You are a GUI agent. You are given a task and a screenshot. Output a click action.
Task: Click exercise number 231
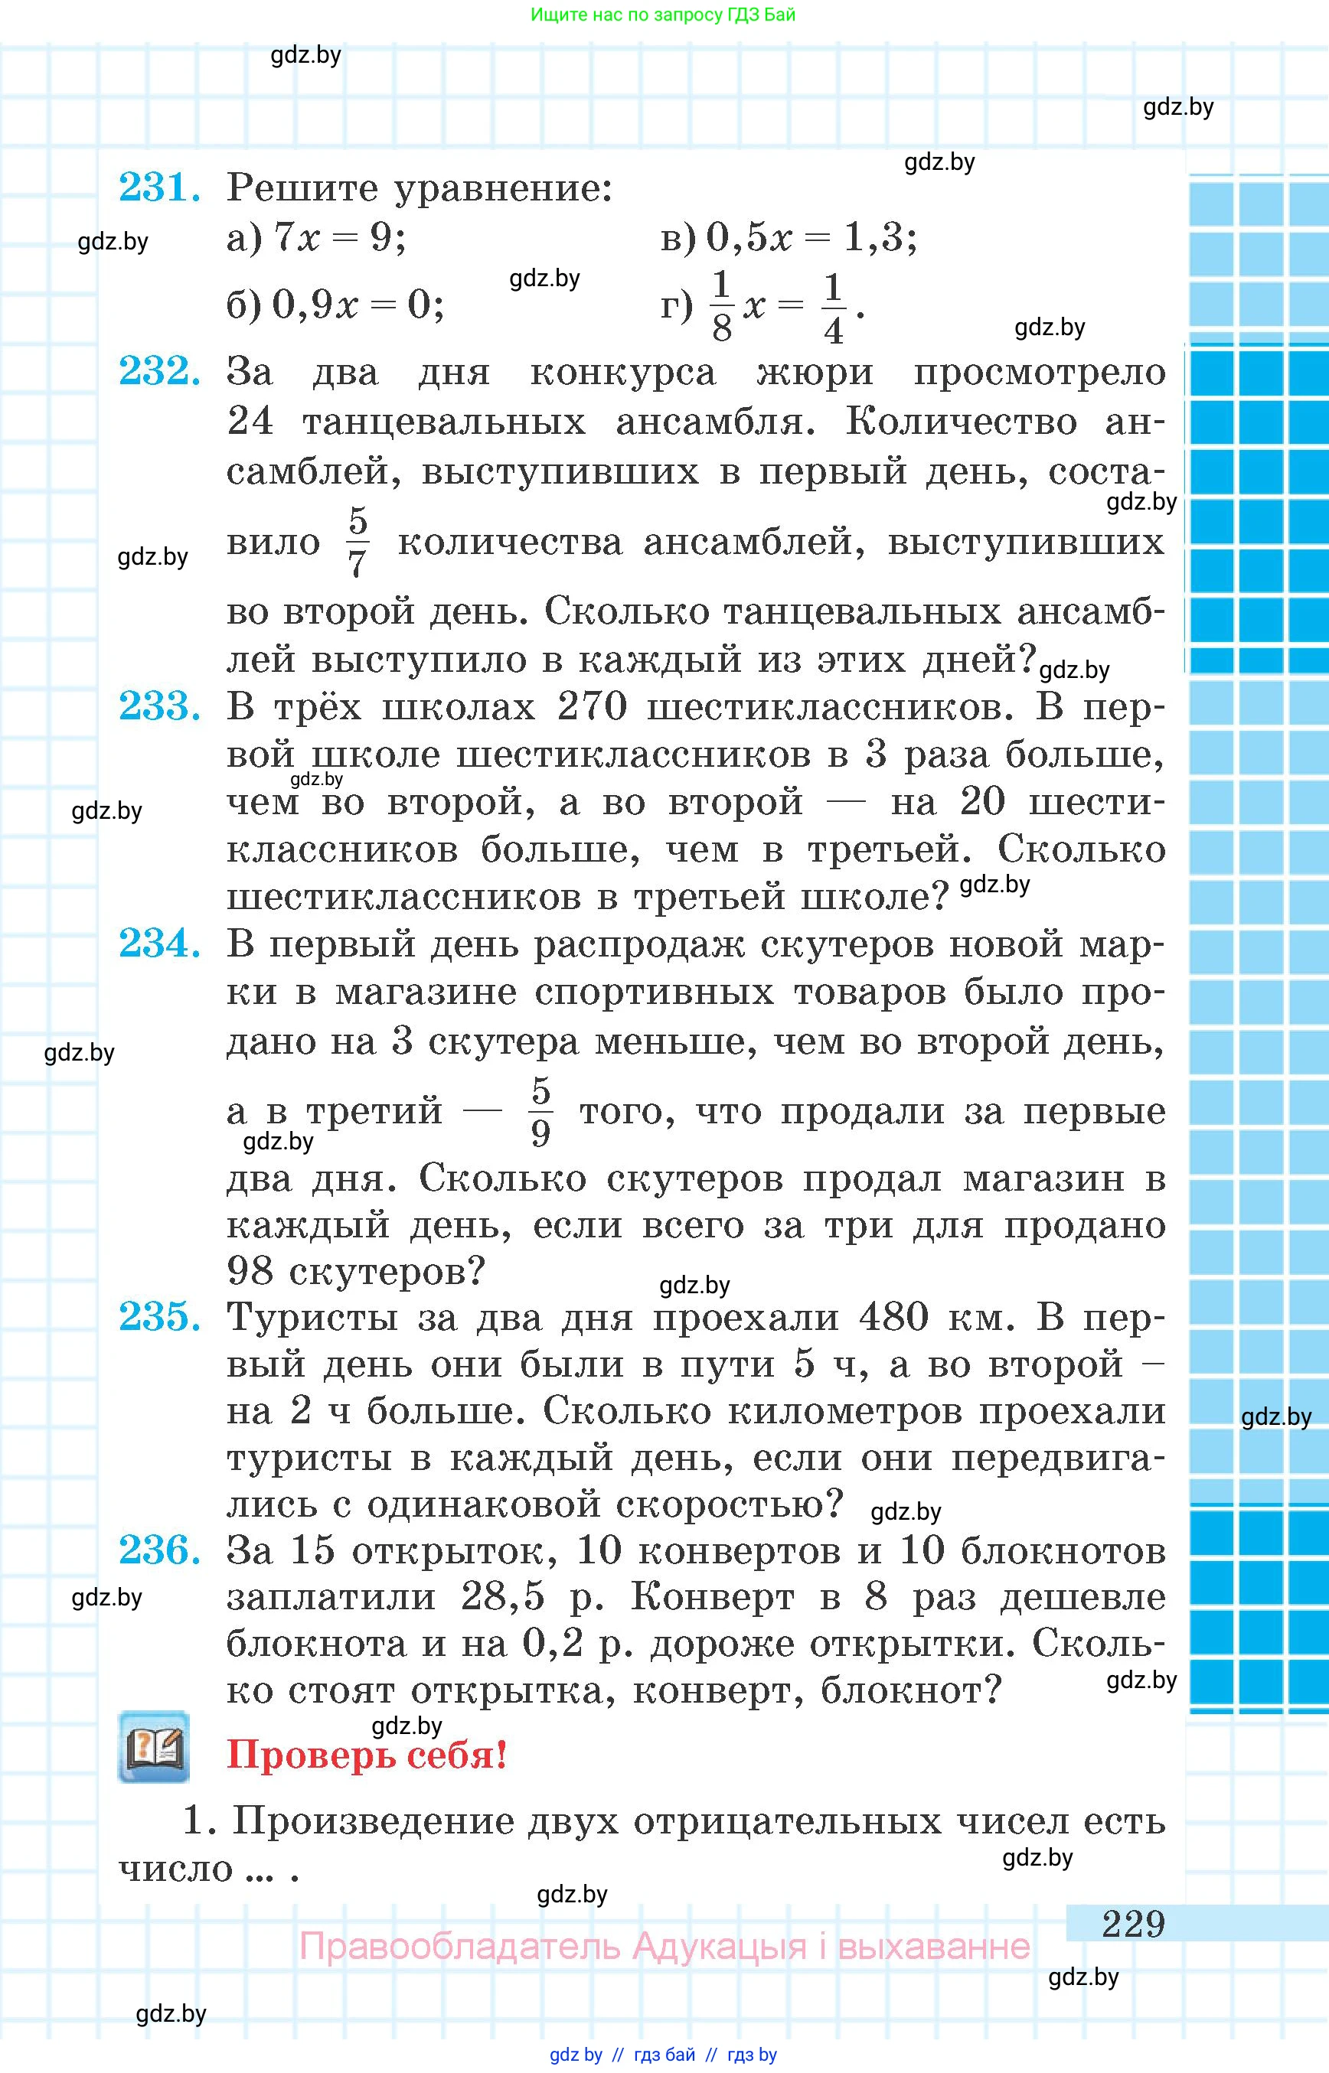160,187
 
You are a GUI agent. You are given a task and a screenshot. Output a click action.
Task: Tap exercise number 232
160,371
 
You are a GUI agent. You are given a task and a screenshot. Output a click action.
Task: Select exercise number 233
160,706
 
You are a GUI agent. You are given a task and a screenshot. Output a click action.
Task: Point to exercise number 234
160,943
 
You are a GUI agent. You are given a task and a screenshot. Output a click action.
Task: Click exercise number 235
160,1316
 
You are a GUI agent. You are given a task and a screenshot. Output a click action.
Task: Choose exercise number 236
160,1550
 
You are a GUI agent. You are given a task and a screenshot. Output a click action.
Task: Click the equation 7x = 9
338,236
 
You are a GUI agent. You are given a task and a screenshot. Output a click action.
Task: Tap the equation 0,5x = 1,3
811,236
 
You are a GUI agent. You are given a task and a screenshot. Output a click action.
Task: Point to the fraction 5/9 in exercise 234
540,1111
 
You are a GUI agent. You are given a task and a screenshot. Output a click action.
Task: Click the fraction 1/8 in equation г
721,305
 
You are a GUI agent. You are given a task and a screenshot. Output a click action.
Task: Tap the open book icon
154,1747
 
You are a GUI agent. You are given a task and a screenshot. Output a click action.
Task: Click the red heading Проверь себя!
367,1754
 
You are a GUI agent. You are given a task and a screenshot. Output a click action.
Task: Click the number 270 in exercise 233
592,706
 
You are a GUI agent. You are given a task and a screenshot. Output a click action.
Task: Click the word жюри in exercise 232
815,372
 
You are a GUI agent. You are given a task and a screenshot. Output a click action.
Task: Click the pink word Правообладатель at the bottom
459,1947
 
